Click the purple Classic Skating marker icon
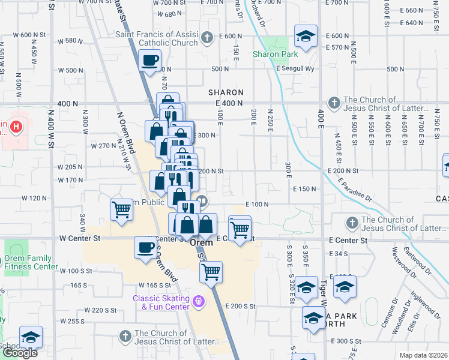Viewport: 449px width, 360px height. [199, 300]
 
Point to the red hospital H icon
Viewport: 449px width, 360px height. [17, 127]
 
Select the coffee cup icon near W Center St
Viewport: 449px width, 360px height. [145, 248]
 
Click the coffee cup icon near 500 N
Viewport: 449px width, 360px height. [149, 59]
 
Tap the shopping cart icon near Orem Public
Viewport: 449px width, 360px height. [121, 210]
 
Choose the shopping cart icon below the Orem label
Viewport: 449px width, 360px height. [211, 271]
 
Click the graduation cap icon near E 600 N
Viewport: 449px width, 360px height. [306, 36]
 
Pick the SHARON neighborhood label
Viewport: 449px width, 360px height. [226, 92]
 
